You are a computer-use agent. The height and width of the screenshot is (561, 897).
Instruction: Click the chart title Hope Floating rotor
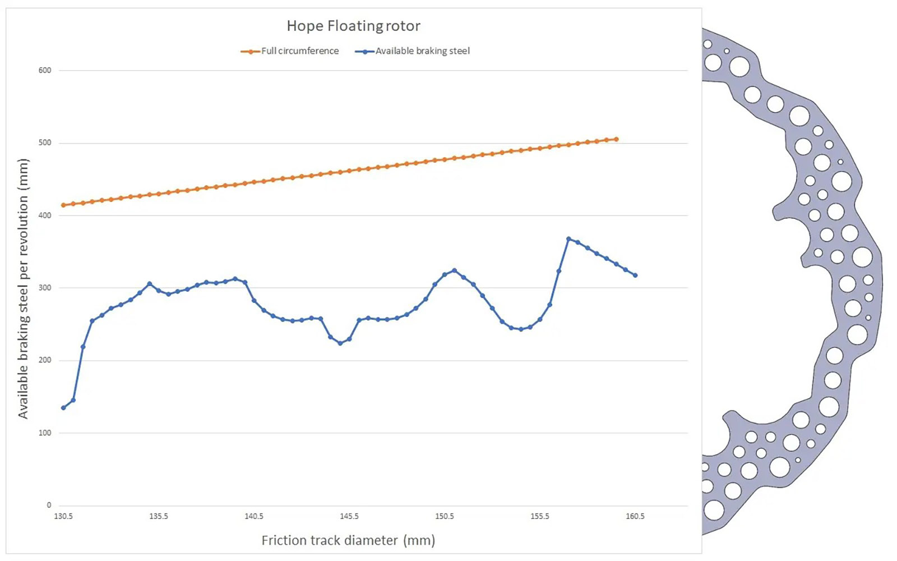[x=354, y=26]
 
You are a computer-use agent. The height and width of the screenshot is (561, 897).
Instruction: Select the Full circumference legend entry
[x=289, y=51]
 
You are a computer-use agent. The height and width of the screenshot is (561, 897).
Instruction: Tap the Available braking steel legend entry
[x=413, y=51]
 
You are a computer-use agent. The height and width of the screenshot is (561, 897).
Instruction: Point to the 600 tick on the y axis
[x=45, y=71]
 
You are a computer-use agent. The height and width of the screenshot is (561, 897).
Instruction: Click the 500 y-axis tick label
[x=45, y=143]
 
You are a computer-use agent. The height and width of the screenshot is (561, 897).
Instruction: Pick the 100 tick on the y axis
[x=45, y=433]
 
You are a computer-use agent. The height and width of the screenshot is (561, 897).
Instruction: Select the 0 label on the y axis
[x=49, y=505]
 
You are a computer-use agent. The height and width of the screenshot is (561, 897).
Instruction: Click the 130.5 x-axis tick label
[x=63, y=517]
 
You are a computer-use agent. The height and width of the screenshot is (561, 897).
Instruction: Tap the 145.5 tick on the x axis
[x=349, y=517]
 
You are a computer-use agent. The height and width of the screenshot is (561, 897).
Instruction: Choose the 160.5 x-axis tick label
[x=635, y=517]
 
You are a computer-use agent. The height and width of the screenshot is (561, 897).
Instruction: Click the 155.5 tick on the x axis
[x=540, y=517]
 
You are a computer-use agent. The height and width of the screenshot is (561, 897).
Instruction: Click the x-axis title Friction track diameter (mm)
[x=348, y=541]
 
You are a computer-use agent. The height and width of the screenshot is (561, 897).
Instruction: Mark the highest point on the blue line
[x=568, y=239]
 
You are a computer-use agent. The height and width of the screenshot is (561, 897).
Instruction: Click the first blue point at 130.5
[x=63, y=408]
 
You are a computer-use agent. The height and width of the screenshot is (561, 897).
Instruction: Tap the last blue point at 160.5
[x=635, y=275]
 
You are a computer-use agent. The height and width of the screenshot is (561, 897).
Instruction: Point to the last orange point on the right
[x=616, y=140]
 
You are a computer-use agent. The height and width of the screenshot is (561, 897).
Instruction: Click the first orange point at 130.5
[x=63, y=205]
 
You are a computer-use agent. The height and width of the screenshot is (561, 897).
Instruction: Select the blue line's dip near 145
[x=340, y=343]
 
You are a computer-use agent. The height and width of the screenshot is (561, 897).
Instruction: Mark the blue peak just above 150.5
[x=454, y=270]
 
